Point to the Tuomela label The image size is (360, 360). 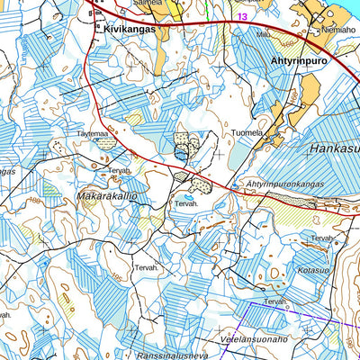[x=247, y=133]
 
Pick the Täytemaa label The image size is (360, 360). [x=93, y=132]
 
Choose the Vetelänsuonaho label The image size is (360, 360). [x=253, y=339]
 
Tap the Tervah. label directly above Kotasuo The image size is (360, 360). [x=323, y=238]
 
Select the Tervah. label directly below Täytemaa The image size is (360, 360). [x=120, y=169]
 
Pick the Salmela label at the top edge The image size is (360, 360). [x=148, y=3]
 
